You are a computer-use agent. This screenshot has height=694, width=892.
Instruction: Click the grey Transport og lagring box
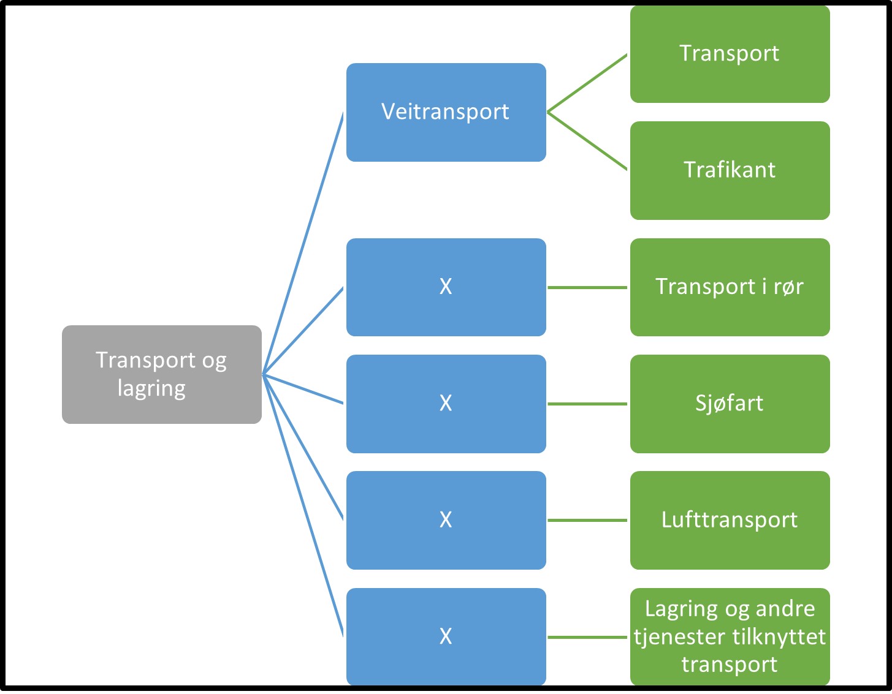coord(161,374)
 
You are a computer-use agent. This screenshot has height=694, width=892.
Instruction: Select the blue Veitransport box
coord(446,113)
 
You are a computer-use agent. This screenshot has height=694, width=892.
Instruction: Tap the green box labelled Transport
coord(730,54)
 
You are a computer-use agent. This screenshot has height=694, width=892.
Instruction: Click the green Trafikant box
coord(730,170)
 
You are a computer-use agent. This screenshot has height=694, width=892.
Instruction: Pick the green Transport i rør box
coord(730,287)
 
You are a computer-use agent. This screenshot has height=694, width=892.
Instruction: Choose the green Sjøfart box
coord(730,404)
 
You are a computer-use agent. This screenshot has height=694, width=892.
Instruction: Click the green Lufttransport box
coord(730,520)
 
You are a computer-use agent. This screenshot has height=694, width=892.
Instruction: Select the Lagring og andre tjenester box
coord(730,636)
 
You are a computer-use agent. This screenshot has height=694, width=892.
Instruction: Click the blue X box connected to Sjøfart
coord(446,404)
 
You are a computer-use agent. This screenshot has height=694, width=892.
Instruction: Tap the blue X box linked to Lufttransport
coord(446,520)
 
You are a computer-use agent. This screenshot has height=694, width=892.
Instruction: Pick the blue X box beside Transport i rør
coord(446,287)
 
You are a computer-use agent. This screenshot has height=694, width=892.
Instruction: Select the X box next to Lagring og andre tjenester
coord(446,636)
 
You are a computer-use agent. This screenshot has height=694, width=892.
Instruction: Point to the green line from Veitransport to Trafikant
coord(587,141)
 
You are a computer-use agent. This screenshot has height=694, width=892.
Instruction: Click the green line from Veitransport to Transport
coord(587,83)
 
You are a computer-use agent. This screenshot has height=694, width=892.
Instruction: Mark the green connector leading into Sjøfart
coord(587,404)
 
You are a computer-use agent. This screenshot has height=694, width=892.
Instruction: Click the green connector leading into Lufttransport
coord(587,520)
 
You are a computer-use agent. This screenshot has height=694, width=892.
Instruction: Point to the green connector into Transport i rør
coord(587,287)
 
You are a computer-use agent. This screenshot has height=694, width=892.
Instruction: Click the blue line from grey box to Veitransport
coord(303,243)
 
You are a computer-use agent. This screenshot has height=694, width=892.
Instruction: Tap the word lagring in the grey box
coord(151,389)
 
